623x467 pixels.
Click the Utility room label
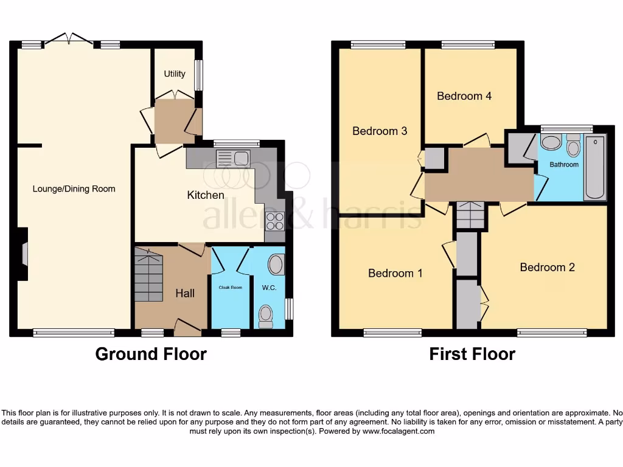coord(175,74)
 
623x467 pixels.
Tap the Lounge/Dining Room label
coord(74,189)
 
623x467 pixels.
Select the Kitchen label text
coord(206,195)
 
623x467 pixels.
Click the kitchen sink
coord(233,158)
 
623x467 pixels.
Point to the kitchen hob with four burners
coord(275,221)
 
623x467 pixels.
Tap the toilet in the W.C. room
coord(266,316)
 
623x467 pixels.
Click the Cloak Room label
coord(231,288)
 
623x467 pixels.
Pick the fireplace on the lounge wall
coord(23,254)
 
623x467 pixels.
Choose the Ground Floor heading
coord(151,354)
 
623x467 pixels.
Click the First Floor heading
coord(472,354)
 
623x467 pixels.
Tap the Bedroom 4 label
coord(464,96)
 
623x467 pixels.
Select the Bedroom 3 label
coord(380,131)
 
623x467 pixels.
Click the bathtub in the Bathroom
coord(594,168)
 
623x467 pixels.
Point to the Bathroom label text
coord(564,164)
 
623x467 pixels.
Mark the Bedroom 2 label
coord(547,267)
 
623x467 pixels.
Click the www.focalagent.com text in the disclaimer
coord(399,431)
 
